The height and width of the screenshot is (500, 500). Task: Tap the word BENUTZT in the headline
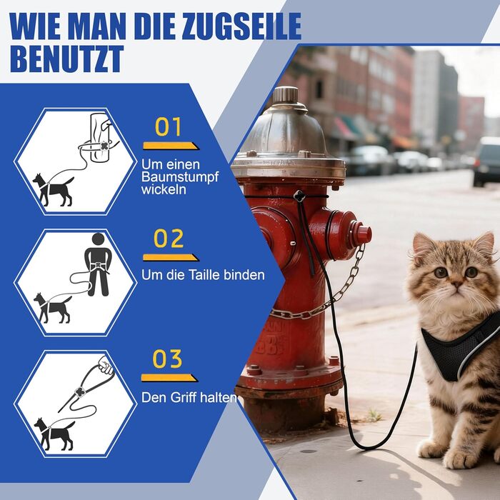coord(67,59)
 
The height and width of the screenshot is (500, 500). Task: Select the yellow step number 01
coord(168,127)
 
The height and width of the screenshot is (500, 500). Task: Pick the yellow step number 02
coord(169,238)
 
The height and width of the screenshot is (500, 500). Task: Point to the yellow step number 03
coord(167,359)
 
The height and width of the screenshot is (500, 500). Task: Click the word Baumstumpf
coord(180,177)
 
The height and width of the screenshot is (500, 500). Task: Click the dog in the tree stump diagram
coord(54,190)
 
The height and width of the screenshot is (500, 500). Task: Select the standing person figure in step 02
coord(98,264)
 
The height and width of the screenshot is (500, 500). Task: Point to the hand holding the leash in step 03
coord(106,365)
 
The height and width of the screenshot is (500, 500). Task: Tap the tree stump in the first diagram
coord(100,137)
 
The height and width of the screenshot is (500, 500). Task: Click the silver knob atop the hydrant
coord(286,95)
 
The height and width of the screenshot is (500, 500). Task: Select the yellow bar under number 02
coord(171,258)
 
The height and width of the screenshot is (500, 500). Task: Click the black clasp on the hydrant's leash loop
coord(299,196)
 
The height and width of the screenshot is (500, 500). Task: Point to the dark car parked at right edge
coord(486,161)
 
